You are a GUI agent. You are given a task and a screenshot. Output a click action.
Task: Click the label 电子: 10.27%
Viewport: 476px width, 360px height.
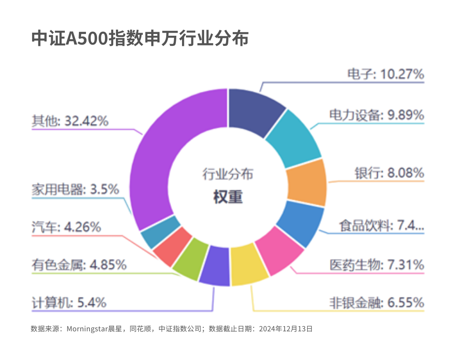(386, 74)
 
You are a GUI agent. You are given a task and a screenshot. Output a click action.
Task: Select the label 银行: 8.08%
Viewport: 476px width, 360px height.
(390, 172)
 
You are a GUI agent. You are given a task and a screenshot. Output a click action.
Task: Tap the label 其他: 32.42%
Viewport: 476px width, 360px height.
(70, 120)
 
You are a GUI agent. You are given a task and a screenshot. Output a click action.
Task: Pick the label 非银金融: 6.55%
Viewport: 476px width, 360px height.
(377, 303)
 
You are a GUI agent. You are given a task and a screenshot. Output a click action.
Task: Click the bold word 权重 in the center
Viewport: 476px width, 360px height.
(228, 197)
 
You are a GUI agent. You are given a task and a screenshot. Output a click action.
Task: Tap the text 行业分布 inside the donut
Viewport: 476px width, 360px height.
(228, 174)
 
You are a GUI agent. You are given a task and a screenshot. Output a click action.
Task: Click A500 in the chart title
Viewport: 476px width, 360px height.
(87, 39)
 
